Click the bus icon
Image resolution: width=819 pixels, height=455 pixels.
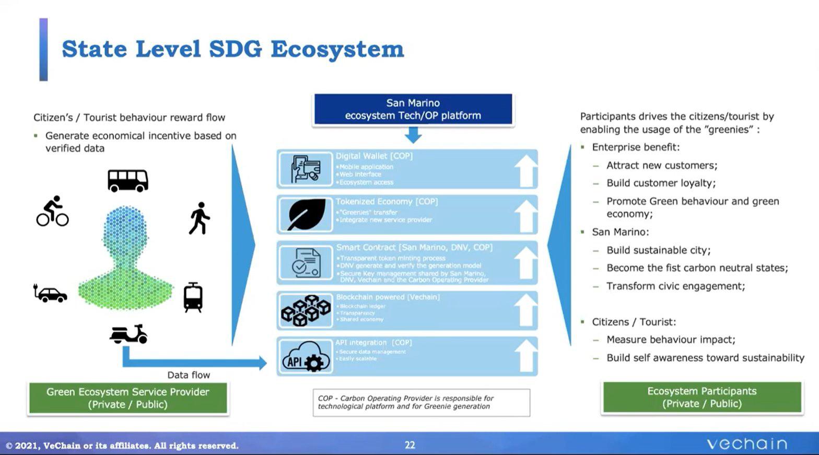point(128,181)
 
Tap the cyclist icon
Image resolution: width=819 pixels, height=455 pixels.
point(52,212)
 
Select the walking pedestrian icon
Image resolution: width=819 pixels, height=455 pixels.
point(199,218)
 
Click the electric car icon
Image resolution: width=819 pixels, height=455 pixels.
point(50,294)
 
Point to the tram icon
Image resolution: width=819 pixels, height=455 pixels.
point(193,297)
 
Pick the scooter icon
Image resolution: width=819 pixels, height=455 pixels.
point(128,334)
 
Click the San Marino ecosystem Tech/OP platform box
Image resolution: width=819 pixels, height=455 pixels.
point(413,109)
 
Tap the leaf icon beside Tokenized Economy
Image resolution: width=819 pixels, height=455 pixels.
point(306,214)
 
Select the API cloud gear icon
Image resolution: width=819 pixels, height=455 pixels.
point(306,357)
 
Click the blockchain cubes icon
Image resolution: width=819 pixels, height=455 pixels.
point(306,310)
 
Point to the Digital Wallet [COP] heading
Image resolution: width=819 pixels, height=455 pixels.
point(374,156)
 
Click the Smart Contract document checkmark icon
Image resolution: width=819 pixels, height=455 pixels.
point(306,263)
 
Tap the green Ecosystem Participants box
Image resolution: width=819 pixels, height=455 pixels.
point(701,398)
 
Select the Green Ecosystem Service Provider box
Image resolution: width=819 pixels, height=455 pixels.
point(128,398)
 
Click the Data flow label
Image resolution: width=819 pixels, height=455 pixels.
point(189,375)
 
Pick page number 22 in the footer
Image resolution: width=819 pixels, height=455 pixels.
point(410,445)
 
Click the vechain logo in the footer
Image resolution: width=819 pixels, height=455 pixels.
point(746,444)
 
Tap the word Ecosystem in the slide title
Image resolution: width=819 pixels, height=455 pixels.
point(337,50)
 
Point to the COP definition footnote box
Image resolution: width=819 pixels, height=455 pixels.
point(421,402)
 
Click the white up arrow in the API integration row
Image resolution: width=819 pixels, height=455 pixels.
point(525,356)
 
